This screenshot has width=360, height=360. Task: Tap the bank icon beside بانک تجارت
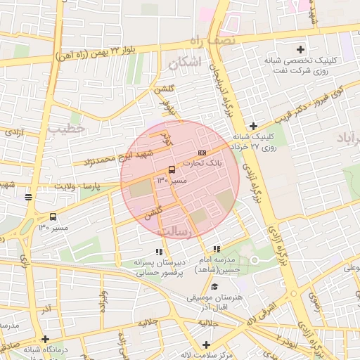coord(202,152)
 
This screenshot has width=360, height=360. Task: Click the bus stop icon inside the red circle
coord(172,169)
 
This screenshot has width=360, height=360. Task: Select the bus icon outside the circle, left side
coord(53,217)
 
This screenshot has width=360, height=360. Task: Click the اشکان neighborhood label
coord(185,63)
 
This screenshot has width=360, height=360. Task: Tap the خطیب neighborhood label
coord(67,128)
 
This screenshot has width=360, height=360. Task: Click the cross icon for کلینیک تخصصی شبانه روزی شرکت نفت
coord(301,49)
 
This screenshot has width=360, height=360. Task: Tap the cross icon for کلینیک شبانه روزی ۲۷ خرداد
coord(253,125)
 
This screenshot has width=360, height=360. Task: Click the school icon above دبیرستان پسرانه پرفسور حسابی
coord(159,251)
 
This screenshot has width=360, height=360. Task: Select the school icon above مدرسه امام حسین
coord(217,249)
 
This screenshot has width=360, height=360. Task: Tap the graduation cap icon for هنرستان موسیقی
coord(214,287)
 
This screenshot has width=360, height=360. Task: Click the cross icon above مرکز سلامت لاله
coord(205,345)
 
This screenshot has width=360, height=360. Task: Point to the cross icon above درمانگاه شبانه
coord(45,338)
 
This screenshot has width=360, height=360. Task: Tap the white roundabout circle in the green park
coord(255,260)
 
